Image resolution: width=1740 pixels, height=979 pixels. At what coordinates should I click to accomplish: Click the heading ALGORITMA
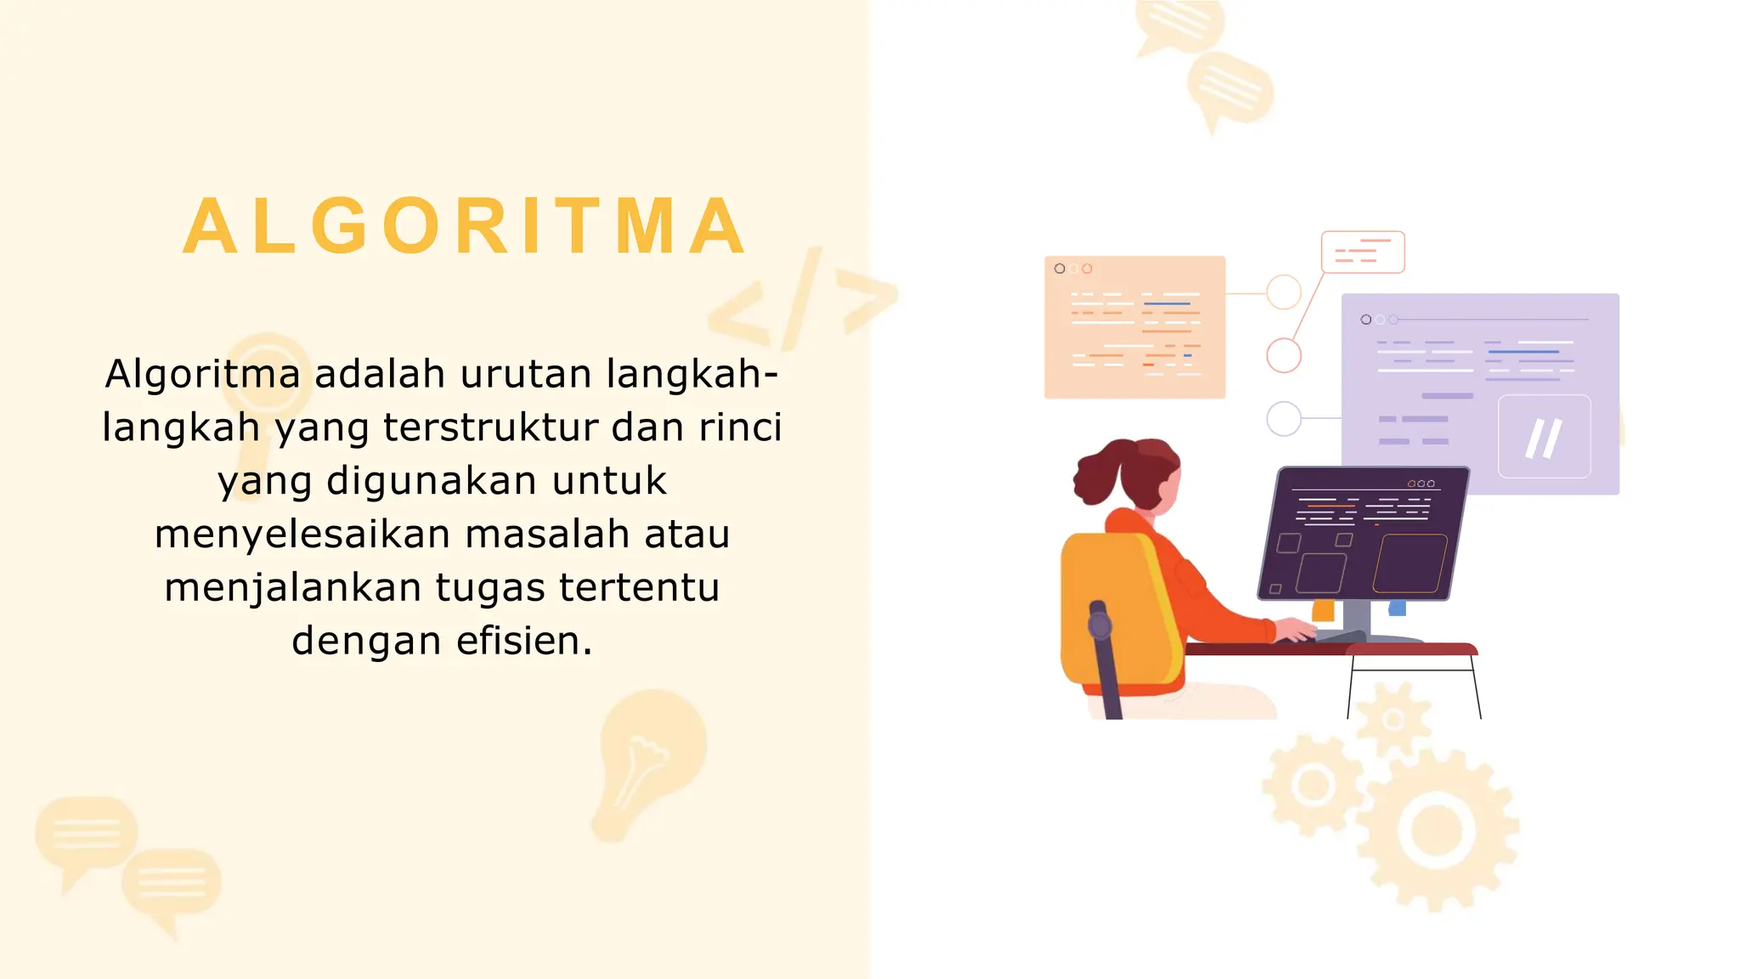(465, 226)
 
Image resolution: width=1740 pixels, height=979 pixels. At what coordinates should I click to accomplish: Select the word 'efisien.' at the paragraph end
(524, 641)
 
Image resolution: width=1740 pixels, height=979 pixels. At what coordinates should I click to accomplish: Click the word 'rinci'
(740, 427)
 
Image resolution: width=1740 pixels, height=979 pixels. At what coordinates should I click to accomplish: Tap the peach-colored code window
(1134, 327)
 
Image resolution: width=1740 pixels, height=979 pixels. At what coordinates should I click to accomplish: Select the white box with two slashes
(1544, 437)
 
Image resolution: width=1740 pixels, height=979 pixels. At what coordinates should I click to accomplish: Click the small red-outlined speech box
(1363, 252)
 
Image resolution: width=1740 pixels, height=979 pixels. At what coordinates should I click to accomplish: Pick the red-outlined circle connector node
(1284, 355)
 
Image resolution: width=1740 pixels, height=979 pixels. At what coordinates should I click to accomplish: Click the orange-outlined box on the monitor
(1410, 563)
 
